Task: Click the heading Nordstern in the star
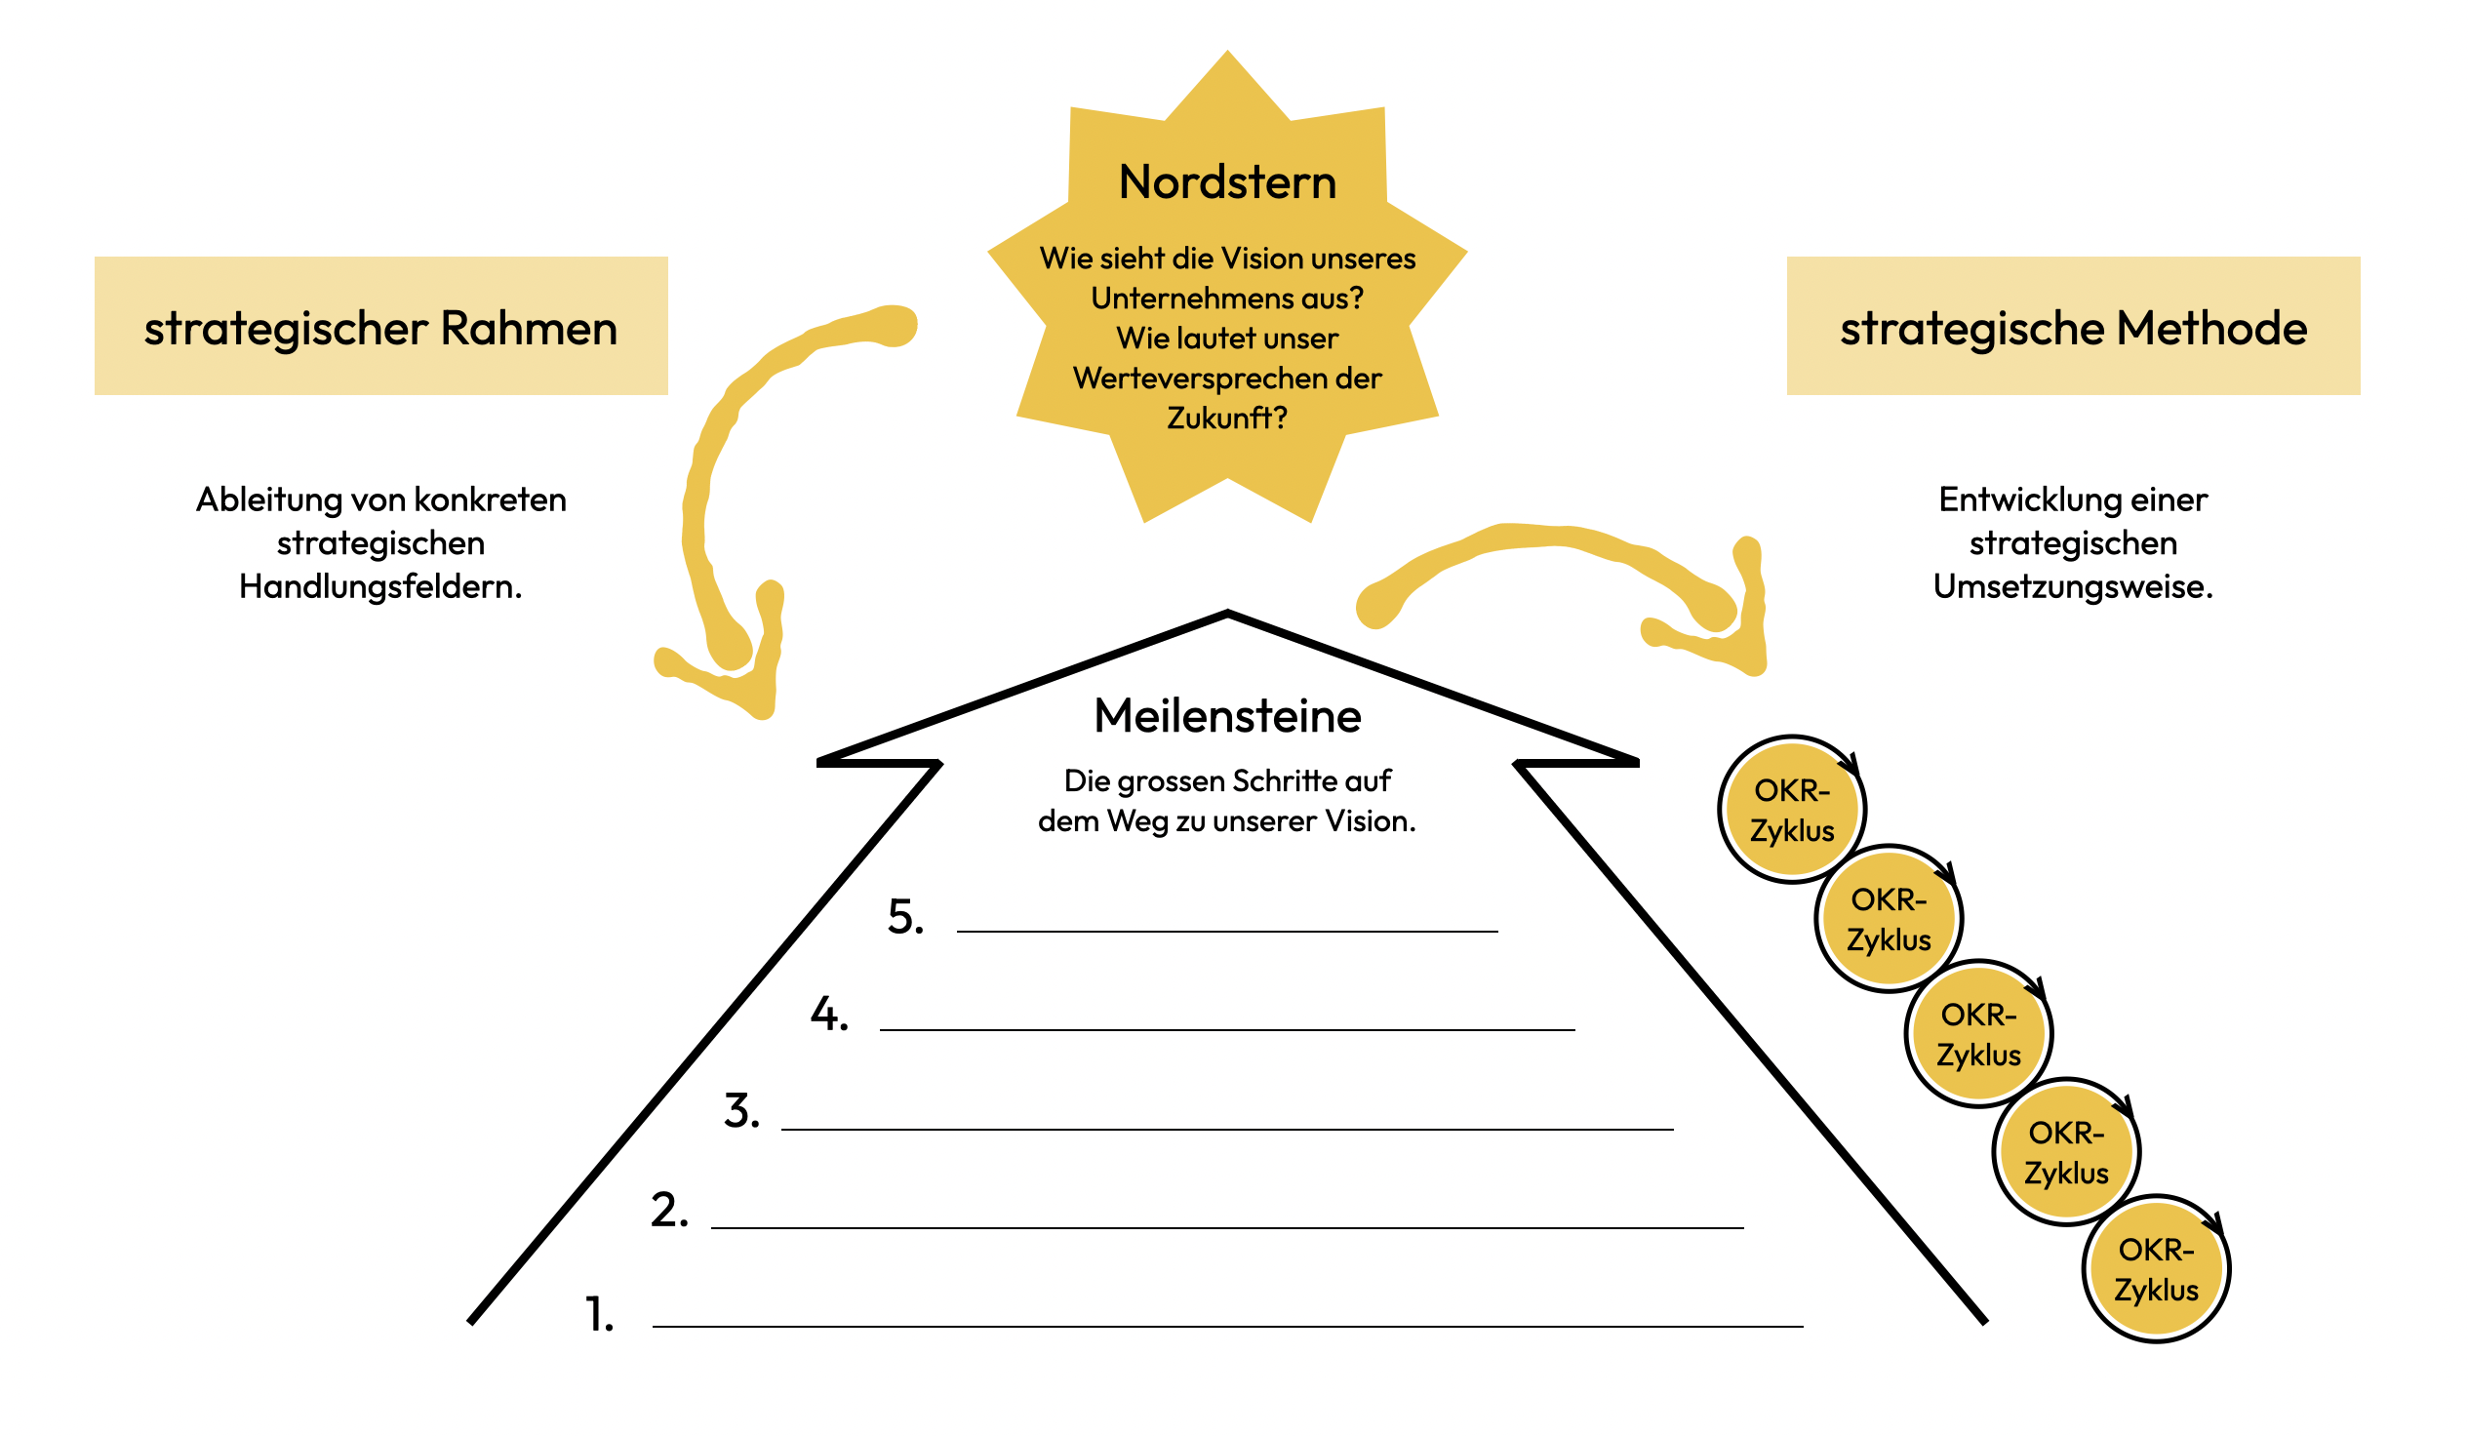click(x=1227, y=183)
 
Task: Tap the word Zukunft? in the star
click(x=1226, y=419)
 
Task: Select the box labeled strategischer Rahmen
click(x=381, y=326)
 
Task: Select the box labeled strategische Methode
click(x=2072, y=326)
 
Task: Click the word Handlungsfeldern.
click(x=381, y=586)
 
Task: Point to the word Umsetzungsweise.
click(x=2072, y=586)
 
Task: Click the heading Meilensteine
click(x=1227, y=716)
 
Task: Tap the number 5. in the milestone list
click(x=905, y=918)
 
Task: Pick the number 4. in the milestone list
click(x=828, y=1015)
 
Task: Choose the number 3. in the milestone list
click(x=741, y=1112)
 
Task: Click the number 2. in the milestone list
click(x=670, y=1211)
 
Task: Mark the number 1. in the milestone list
click(x=599, y=1314)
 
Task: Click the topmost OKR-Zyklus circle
click(x=1792, y=810)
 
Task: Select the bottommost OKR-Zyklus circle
click(x=2156, y=1269)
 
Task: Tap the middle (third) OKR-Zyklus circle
click(x=1978, y=1034)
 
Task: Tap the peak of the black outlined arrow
click(x=1227, y=617)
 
